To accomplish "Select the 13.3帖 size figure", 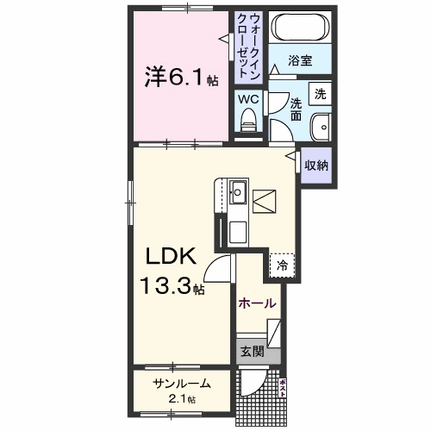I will coord(173,284).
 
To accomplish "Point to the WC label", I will coord(247,99).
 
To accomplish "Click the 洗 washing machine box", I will coord(320,94).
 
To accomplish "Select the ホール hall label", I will coord(258,303).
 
